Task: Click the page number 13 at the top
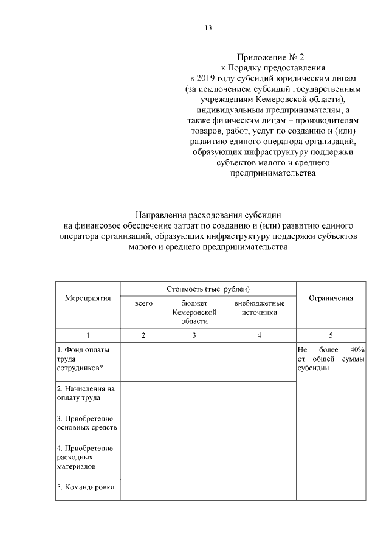click(207, 27)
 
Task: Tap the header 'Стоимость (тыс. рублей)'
click(208, 287)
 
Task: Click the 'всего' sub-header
click(143, 303)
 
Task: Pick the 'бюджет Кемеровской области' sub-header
click(194, 311)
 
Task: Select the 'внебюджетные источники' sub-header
click(259, 307)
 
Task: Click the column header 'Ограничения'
click(331, 298)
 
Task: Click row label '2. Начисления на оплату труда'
click(86, 393)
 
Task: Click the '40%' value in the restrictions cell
click(357, 349)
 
